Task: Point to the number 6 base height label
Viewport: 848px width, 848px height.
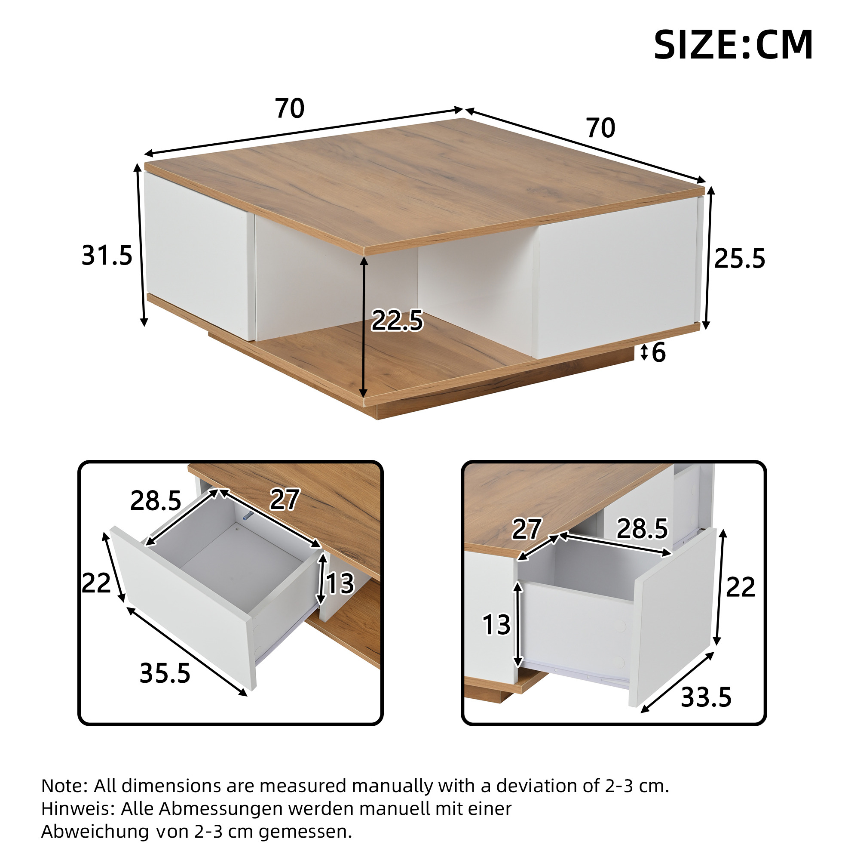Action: click(x=659, y=352)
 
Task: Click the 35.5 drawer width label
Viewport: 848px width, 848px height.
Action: click(x=165, y=673)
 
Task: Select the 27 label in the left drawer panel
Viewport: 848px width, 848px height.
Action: click(x=285, y=500)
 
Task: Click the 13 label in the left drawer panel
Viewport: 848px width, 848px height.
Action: click(x=340, y=584)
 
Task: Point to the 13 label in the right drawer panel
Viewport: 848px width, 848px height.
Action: click(x=497, y=624)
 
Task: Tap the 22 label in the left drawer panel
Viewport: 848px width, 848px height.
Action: click(x=97, y=583)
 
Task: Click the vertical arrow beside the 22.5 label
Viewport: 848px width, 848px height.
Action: click(x=364, y=327)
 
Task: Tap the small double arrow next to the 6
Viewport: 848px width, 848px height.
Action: click(x=644, y=353)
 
